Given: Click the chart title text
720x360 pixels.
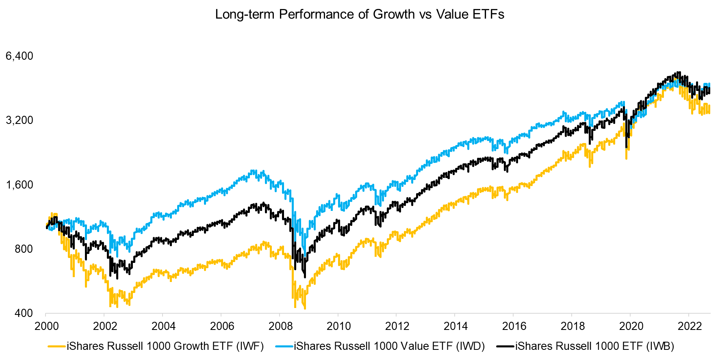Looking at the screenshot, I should [360, 14].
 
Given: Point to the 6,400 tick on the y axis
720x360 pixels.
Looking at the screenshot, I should [20, 56].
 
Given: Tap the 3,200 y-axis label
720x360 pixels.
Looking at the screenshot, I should [20, 120].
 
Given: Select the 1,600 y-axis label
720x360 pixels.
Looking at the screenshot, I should [20, 184].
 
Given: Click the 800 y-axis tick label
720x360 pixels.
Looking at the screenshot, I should [24, 249].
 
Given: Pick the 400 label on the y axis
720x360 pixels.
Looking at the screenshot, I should [24, 313].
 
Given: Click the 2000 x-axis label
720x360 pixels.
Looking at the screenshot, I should [47, 326].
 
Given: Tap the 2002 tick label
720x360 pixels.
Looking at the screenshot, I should [105, 326].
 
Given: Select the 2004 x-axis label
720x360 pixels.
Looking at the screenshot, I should [164, 326].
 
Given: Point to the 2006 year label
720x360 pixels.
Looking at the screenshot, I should [222, 326].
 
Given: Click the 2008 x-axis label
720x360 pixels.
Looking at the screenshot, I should [281, 326].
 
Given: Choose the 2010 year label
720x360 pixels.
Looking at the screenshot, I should [339, 326].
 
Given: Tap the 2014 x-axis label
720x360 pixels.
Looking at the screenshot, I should [456, 326].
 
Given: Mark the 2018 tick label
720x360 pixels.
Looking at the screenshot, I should [573, 326].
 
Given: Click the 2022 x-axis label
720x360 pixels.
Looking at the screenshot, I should [690, 326].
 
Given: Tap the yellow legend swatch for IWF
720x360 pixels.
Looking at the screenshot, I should [57, 346].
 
